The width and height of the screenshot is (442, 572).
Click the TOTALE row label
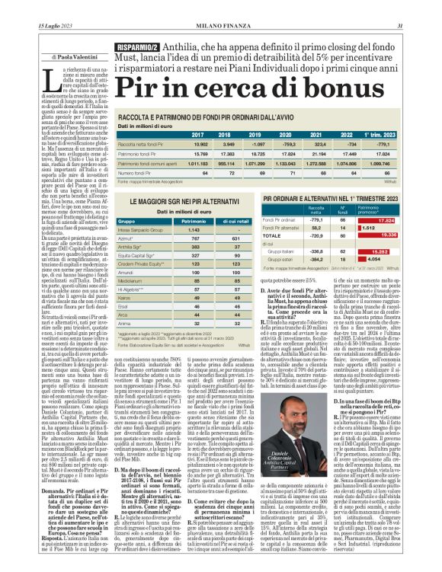273,236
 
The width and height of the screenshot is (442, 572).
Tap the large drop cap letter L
50,81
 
